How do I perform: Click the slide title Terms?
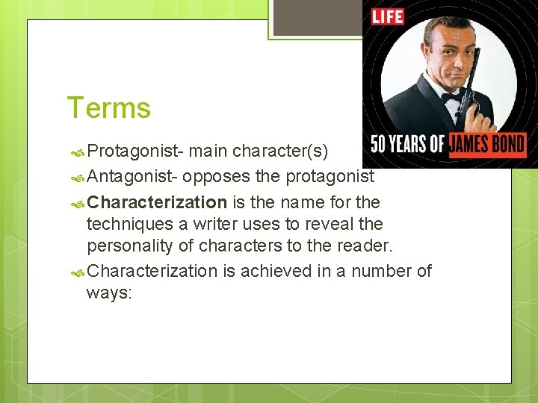point(109,108)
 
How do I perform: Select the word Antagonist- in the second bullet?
point(132,177)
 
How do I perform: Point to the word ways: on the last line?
point(109,293)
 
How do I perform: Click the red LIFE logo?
point(388,16)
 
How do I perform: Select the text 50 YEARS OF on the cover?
point(407,143)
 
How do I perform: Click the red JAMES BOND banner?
point(486,143)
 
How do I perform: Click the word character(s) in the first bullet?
point(280,152)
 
